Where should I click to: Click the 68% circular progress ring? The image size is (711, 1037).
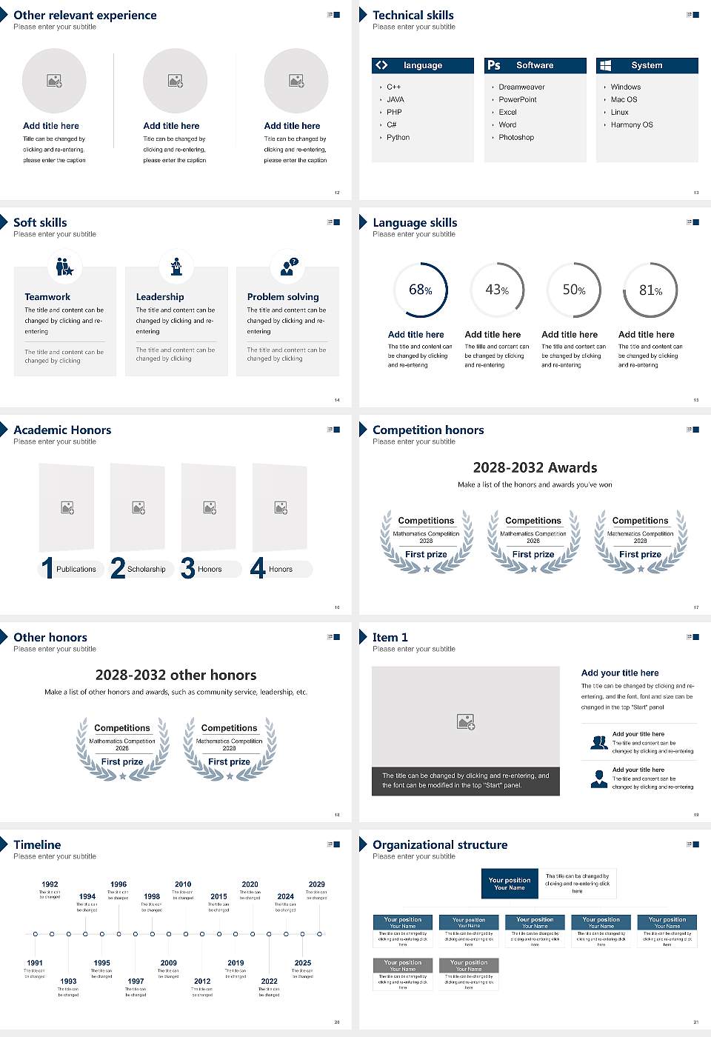(x=421, y=290)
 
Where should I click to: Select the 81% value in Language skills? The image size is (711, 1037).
(x=650, y=290)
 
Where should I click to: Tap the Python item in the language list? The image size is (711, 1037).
(x=398, y=137)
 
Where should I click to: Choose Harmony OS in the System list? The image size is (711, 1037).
(x=632, y=124)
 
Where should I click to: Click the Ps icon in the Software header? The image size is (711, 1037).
(x=494, y=65)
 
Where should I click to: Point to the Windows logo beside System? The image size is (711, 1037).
(x=605, y=65)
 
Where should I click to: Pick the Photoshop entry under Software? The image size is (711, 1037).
(x=516, y=137)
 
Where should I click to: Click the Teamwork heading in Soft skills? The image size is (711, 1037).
(x=47, y=296)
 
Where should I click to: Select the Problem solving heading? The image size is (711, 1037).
(x=283, y=296)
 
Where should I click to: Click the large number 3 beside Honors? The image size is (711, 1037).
(x=188, y=568)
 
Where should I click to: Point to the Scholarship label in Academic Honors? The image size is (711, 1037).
(x=146, y=569)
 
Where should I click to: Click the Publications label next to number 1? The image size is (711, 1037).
(x=76, y=569)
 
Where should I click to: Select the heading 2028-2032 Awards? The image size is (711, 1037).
(x=535, y=467)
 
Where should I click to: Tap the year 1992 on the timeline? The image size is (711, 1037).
(x=50, y=884)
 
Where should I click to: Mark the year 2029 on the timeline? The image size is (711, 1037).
(x=316, y=884)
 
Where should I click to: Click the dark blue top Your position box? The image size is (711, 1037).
(x=510, y=884)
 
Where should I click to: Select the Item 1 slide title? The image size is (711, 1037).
(x=390, y=637)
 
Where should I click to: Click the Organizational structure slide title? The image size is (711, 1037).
(x=440, y=844)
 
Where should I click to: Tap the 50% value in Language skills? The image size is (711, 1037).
(x=573, y=290)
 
